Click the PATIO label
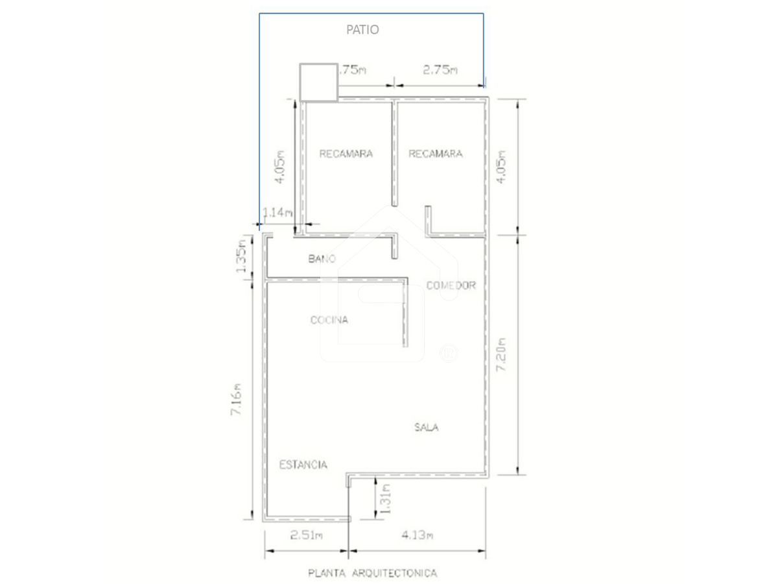click(x=362, y=30)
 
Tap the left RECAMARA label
click(x=346, y=154)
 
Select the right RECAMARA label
click(x=435, y=154)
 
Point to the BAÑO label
click(x=322, y=258)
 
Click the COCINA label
click(x=329, y=320)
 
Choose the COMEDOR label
click(x=451, y=286)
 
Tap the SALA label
click(x=427, y=427)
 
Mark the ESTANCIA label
click(x=303, y=465)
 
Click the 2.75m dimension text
click(x=440, y=70)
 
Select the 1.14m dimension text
click(x=277, y=213)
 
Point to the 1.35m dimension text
click(x=241, y=256)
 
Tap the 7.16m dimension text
click(x=236, y=399)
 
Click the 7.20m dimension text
click(x=501, y=354)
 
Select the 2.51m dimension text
click(x=306, y=535)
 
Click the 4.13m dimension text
click(x=417, y=535)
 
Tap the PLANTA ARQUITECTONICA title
click(x=373, y=573)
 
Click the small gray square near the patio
click(x=318, y=82)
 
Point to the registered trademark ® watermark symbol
click(x=449, y=353)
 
